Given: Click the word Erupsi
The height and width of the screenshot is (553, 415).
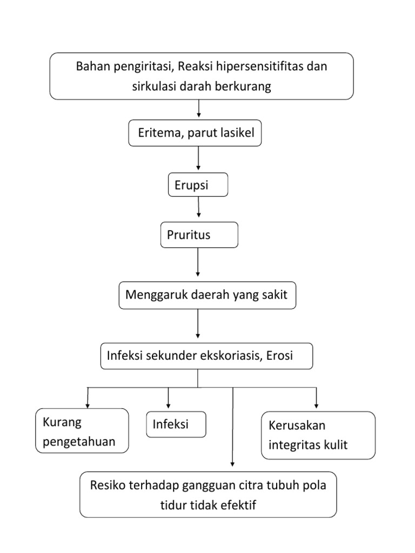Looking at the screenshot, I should point(191,186).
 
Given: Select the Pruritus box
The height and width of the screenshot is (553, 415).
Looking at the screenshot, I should point(199,235).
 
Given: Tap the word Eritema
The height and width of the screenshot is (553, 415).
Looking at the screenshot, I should point(159,133).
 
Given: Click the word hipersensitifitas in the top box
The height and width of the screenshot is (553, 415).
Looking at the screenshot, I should point(259,67).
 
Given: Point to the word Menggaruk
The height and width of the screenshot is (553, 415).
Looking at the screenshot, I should point(152,295).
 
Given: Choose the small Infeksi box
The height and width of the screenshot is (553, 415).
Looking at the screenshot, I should point(176,424).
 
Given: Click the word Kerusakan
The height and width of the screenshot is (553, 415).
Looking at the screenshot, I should point(297,426).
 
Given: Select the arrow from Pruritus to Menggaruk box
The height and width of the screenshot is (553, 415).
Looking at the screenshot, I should point(198,261).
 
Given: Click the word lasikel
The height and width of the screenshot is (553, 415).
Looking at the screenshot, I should point(237,133).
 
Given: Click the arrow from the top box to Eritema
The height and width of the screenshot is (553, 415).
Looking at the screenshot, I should point(199,109).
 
